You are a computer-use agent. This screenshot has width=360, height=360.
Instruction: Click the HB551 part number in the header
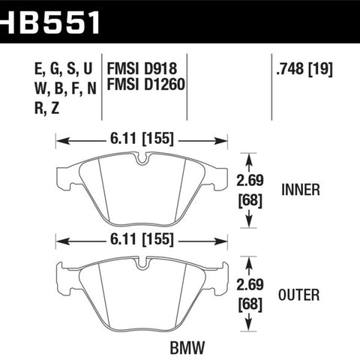click(50, 22)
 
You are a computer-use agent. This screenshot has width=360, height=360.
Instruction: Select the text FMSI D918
click(142, 68)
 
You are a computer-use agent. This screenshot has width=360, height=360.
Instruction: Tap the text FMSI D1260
click(146, 84)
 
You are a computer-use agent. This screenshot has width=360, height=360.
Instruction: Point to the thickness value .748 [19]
click(304, 68)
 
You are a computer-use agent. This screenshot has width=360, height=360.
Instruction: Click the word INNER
click(301, 190)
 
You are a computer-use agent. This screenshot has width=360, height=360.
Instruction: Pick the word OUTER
click(298, 295)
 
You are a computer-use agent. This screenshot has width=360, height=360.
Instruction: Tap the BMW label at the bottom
click(187, 347)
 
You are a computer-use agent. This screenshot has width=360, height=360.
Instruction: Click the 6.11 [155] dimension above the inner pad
click(142, 139)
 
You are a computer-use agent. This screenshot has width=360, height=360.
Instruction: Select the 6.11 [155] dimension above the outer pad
click(142, 239)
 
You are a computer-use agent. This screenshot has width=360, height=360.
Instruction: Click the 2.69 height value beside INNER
click(250, 180)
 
